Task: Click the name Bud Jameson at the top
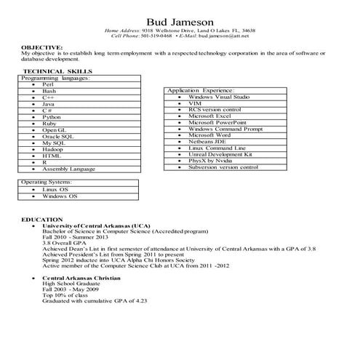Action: [180, 20]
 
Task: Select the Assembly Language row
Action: [68, 169]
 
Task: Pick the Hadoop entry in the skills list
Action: [52, 149]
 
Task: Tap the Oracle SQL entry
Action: [59, 136]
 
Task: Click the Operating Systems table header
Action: [47, 183]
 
